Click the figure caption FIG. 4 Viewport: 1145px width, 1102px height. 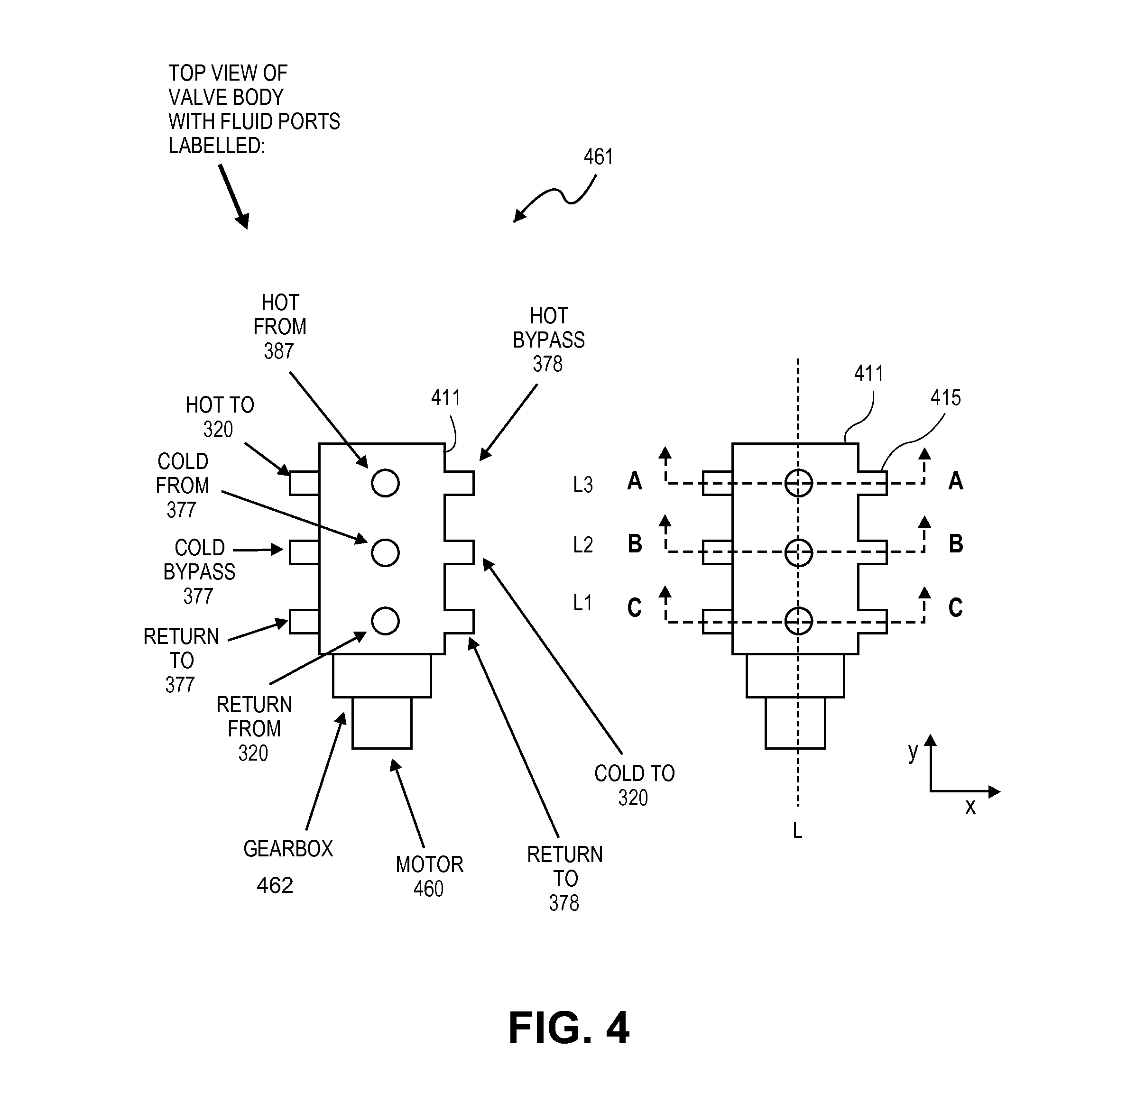(568, 1028)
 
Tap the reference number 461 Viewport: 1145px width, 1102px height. (598, 157)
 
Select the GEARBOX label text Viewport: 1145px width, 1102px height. (288, 848)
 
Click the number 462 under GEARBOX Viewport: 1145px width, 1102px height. (275, 885)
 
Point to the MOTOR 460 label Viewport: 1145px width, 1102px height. (429, 876)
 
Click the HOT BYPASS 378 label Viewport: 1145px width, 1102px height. (549, 340)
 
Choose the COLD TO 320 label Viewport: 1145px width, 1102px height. (635, 785)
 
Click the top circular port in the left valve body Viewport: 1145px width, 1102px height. (385, 483)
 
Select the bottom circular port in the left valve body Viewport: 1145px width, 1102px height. (385, 621)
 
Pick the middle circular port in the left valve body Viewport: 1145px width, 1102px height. (385, 552)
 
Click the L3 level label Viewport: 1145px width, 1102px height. (582, 485)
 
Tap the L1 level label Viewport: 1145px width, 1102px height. (582, 603)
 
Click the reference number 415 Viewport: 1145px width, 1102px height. (945, 398)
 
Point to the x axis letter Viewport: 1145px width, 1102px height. (970, 807)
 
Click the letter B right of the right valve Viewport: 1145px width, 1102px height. (956, 544)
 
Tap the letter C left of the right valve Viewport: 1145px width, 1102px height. (635, 608)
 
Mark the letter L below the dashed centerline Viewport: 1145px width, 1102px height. (797, 830)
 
